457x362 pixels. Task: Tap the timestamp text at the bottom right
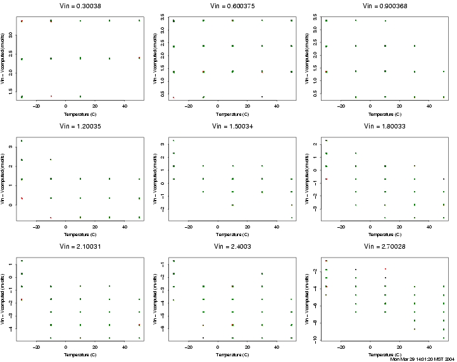pos(422,359)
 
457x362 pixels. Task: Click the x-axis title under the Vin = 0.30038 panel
pos(80,115)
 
